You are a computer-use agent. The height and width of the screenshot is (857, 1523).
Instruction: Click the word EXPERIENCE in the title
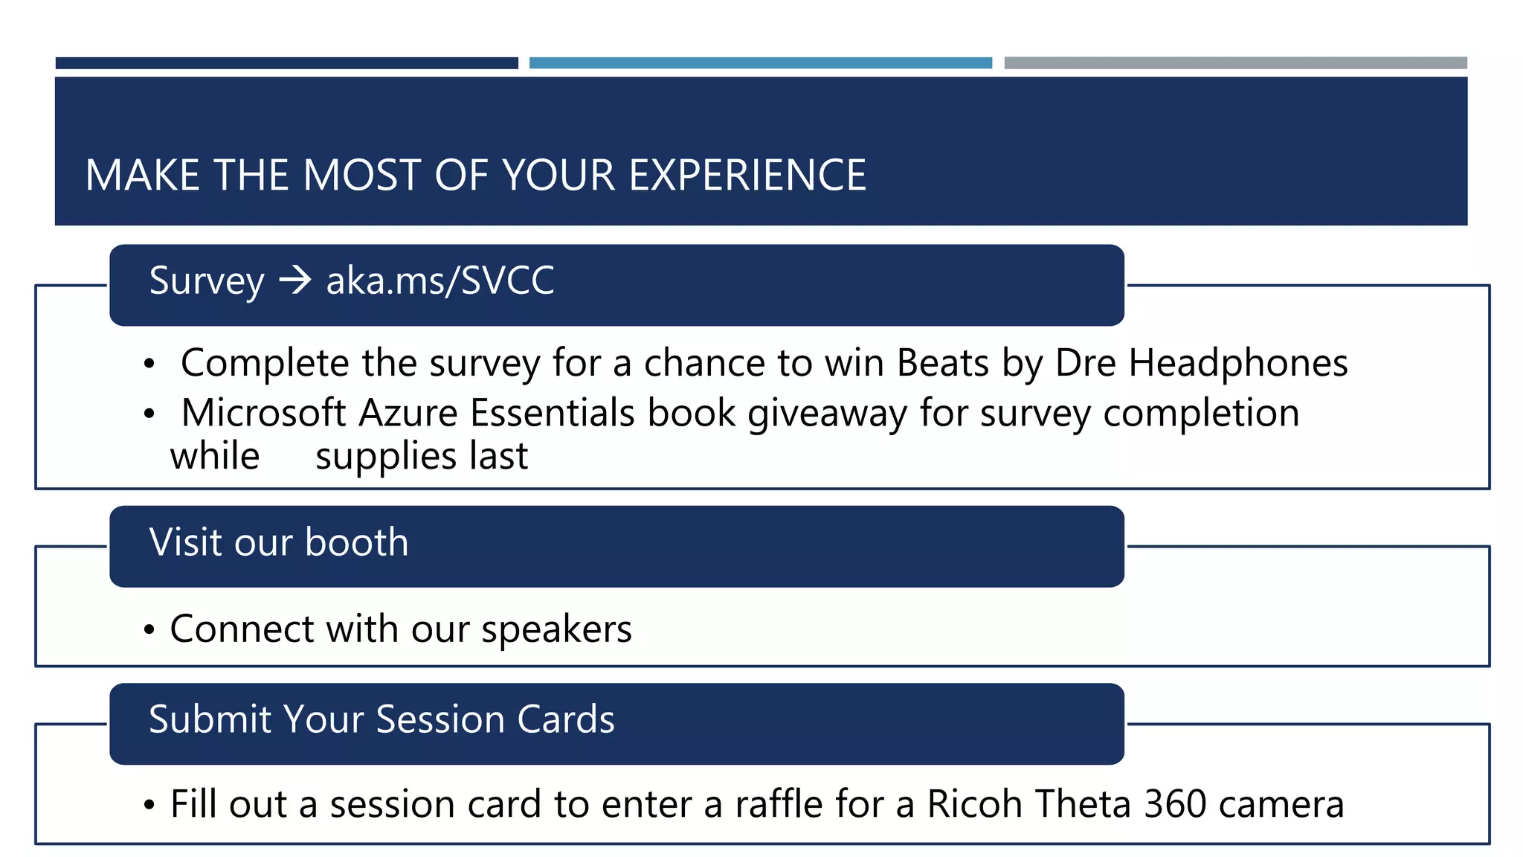(747, 176)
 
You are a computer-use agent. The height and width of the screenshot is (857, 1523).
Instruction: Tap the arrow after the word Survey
(295, 280)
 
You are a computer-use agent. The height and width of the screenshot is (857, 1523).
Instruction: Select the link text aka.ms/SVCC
(440, 280)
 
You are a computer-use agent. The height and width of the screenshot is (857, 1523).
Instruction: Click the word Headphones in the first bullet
(1237, 364)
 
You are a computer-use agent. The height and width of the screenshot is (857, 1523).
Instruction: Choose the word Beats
(942, 364)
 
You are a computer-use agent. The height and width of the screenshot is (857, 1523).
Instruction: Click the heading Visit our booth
(279, 542)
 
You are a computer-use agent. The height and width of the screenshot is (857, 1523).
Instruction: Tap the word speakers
(556, 630)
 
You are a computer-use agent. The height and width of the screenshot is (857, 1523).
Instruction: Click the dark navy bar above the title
(287, 63)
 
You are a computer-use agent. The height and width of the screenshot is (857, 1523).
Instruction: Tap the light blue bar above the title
(761, 63)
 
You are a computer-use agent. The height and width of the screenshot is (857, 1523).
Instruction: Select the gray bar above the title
(1235, 63)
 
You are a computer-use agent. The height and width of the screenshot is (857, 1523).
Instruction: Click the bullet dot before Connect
(149, 630)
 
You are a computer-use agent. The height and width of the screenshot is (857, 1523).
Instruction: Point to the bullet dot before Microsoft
(149, 414)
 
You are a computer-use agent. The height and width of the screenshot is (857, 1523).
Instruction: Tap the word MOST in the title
(362, 176)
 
